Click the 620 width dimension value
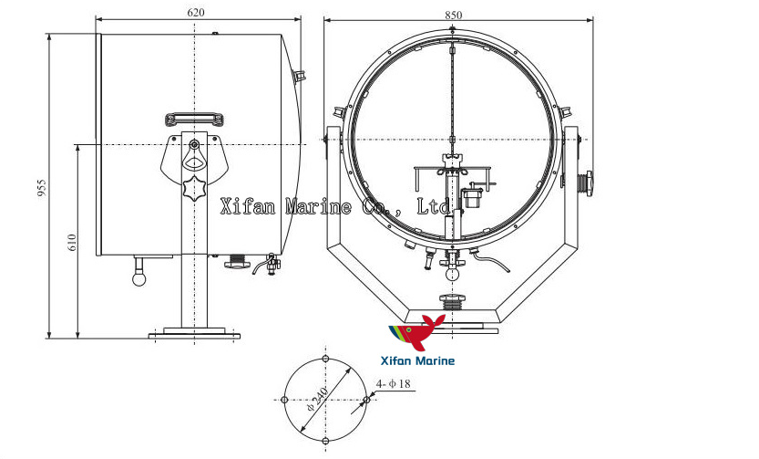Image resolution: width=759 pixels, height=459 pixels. click(x=195, y=13)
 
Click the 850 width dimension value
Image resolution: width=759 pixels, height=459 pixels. click(x=454, y=14)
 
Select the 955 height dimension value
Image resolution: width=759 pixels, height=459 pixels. click(x=41, y=187)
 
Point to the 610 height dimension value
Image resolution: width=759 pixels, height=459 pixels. click(x=71, y=242)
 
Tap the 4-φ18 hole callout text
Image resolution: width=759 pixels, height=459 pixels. click(x=395, y=383)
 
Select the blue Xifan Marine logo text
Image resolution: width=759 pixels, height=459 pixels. click(x=421, y=361)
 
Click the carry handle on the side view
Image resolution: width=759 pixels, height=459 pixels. click(x=194, y=119)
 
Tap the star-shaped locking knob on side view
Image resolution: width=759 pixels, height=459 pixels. click(x=194, y=192)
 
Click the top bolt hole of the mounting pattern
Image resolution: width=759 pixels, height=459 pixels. click(x=326, y=360)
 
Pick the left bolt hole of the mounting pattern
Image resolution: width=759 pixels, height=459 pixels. click(x=285, y=400)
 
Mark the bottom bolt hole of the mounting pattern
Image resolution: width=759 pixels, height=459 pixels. click(x=326, y=441)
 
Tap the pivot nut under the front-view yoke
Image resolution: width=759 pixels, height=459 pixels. click(x=453, y=301)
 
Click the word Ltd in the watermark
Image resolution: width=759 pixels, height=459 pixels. click(x=434, y=206)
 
